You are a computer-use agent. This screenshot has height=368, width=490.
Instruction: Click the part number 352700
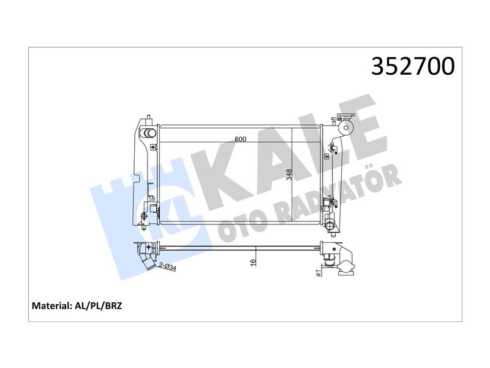413,66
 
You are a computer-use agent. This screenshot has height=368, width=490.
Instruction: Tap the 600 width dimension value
240,139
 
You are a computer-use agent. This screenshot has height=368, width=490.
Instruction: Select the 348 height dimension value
289,175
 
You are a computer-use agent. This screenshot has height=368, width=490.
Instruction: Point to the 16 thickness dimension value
253,263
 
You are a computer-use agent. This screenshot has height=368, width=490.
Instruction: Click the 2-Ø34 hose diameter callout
168,267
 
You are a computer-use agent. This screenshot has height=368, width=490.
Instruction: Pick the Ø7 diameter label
318,273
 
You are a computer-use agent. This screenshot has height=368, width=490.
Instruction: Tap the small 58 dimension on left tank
152,198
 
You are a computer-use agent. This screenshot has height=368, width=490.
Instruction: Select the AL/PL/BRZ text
98,305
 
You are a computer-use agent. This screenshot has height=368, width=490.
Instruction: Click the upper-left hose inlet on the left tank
149,132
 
